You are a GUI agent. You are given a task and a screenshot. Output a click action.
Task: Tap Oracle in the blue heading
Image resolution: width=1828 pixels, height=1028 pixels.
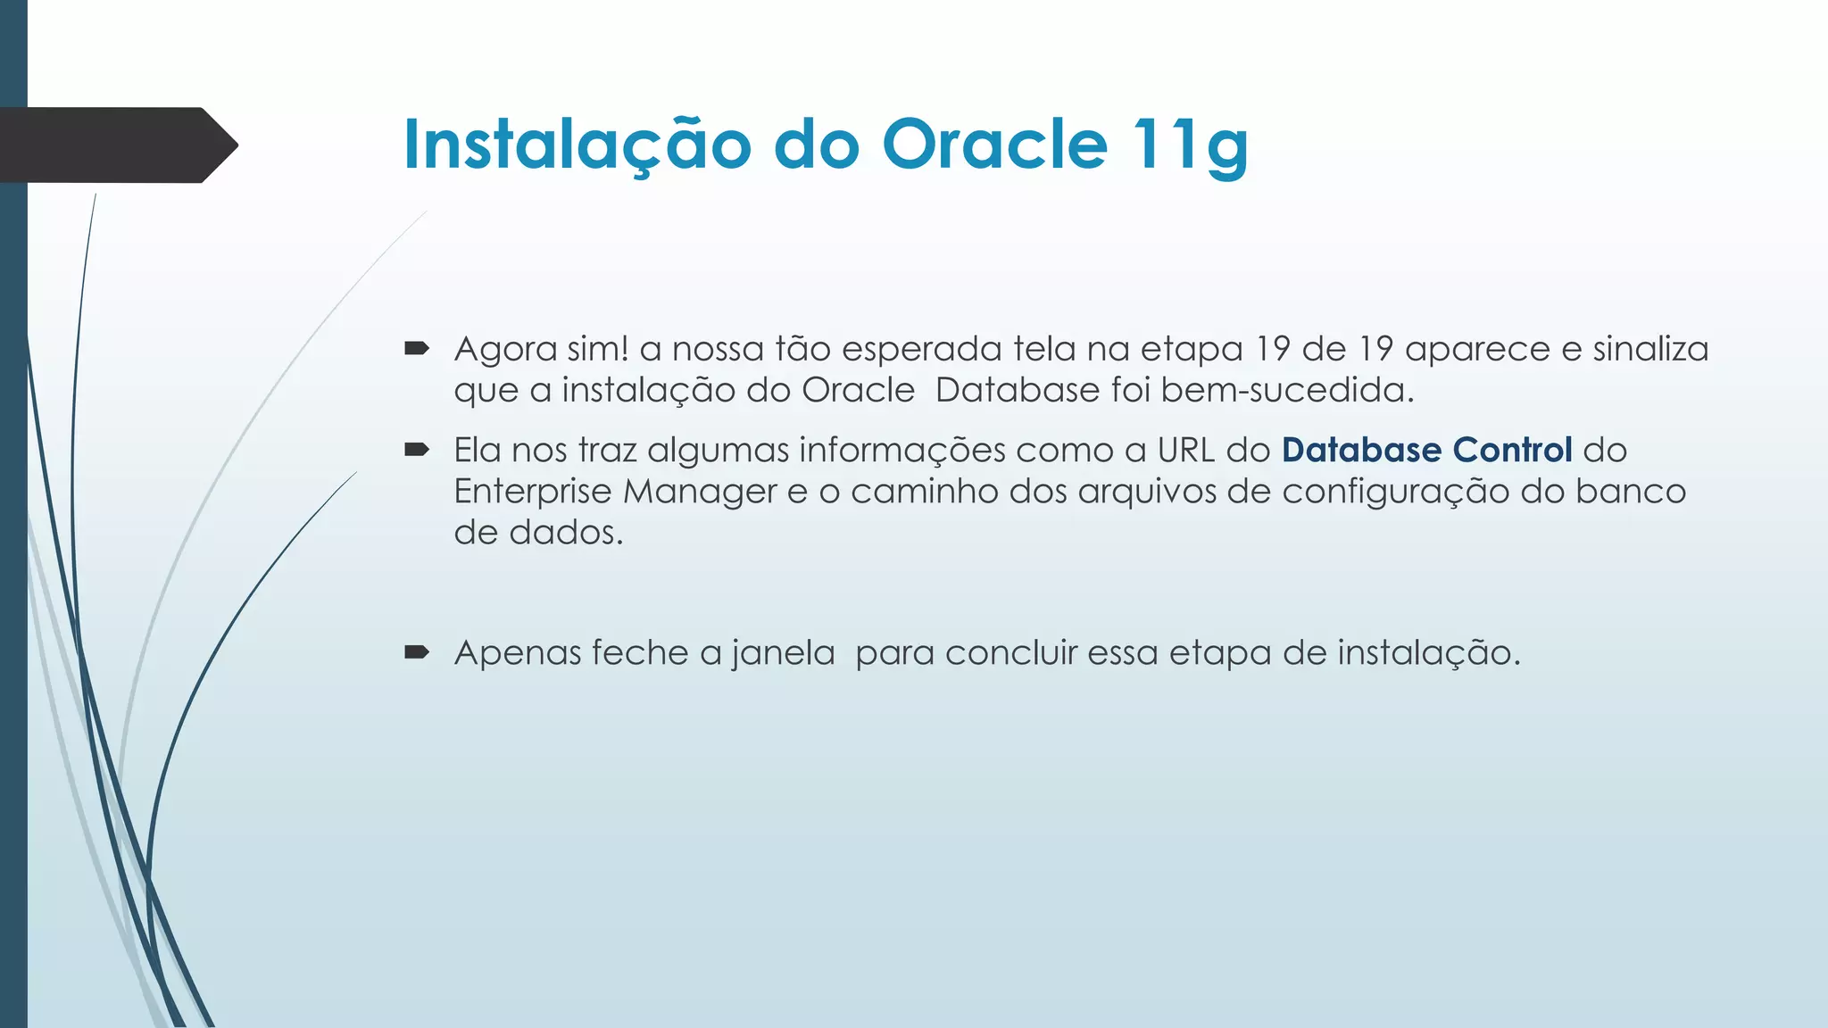(x=994, y=145)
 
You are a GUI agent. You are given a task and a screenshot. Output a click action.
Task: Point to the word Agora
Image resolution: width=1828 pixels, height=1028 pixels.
(x=505, y=349)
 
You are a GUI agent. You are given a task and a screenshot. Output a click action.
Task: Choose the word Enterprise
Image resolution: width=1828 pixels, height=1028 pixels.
(x=532, y=492)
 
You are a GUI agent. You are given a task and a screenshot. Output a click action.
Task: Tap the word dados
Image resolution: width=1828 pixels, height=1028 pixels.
(x=565, y=533)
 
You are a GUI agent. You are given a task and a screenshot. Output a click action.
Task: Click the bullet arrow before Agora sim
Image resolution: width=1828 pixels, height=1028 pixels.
(x=417, y=348)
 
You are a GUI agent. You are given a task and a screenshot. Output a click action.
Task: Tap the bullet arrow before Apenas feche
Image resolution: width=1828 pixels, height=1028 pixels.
(x=417, y=652)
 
